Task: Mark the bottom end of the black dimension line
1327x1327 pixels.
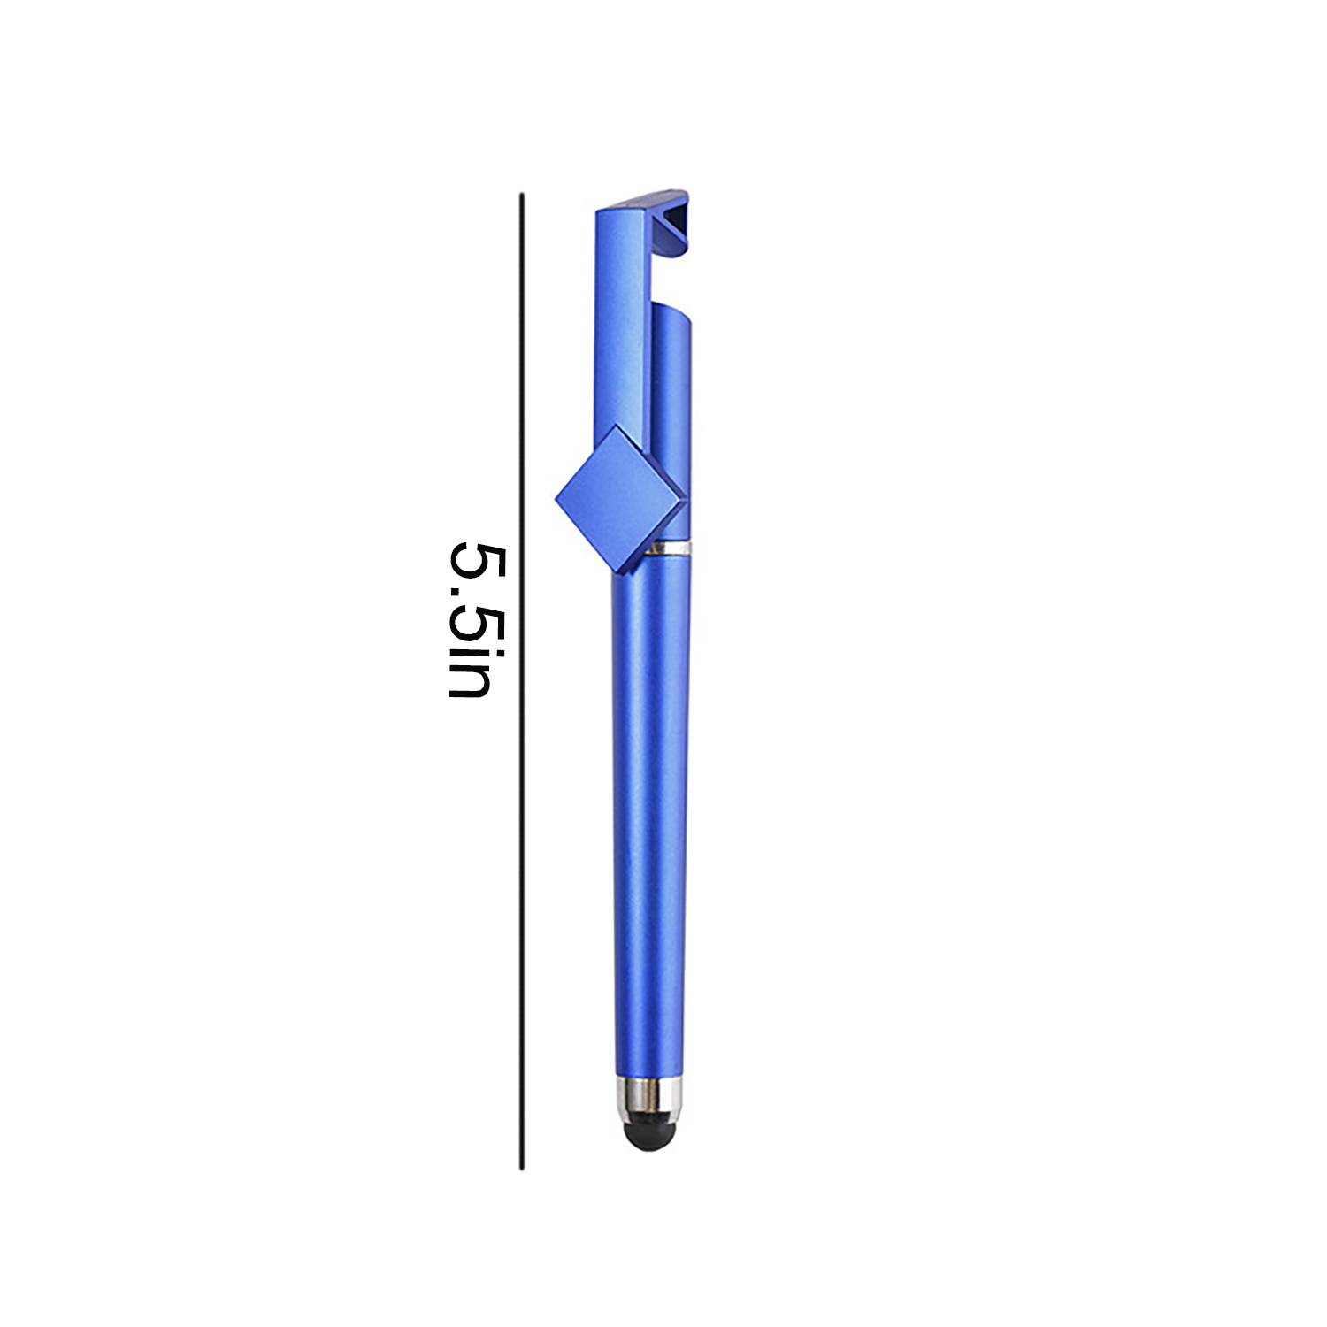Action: (522, 1170)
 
